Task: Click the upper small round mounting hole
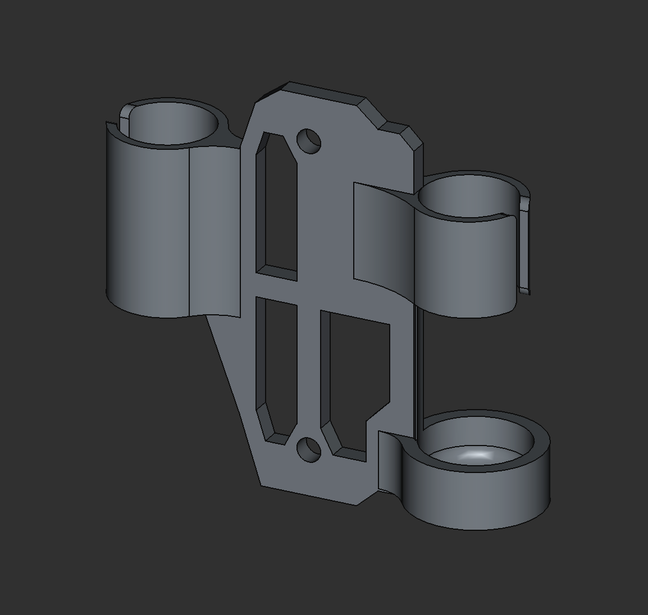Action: point(308,140)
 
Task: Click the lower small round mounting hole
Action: point(308,450)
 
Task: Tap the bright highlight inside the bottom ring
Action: point(477,456)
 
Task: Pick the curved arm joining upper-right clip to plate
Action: point(382,236)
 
